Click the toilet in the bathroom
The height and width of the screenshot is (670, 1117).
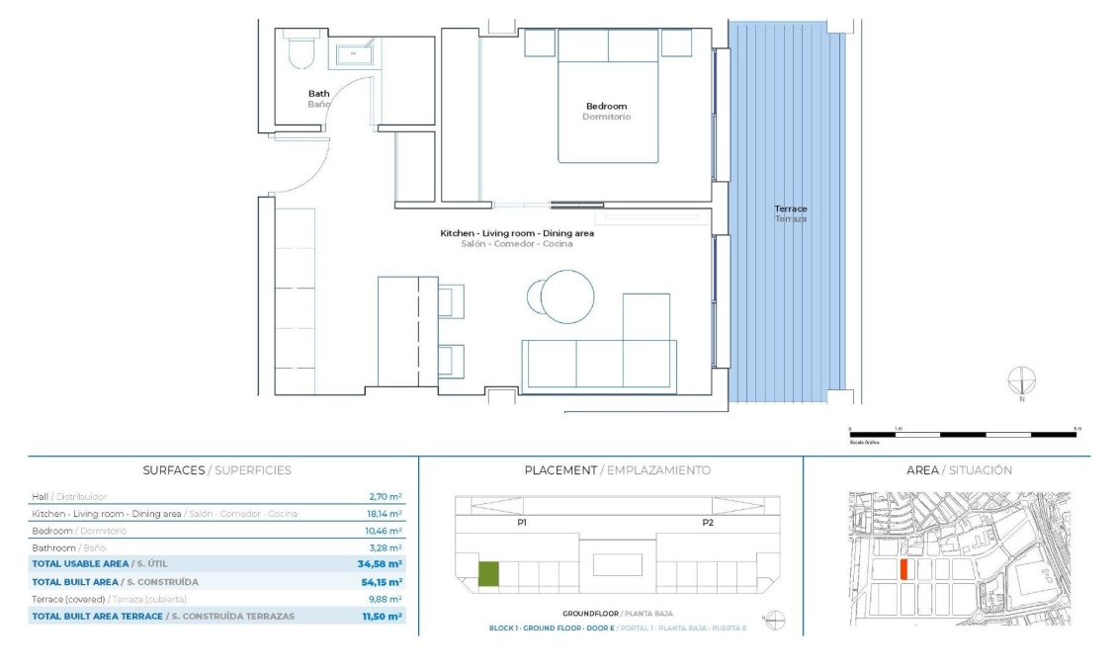click(301, 52)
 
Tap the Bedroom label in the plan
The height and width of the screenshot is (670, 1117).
click(606, 107)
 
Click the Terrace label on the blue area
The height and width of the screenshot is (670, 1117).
click(790, 209)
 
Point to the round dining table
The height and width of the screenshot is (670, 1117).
click(567, 295)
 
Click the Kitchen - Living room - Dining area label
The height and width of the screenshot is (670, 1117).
click(516, 233)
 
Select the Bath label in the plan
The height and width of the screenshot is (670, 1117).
click(318, 95)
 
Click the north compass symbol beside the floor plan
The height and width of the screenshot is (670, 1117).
click(1022, 380)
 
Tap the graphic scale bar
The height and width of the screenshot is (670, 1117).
click(965, 434)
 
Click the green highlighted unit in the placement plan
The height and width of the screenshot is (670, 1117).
click(488, 574)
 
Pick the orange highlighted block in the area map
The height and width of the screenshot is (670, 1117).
click(904, 569)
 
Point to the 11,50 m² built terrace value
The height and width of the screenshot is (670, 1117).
click(383, 617)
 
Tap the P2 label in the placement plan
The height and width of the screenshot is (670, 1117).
click(708, 522)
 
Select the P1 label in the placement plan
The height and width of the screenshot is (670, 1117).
click(521, 522)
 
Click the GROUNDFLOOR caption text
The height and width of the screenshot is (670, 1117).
click(590, 614)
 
